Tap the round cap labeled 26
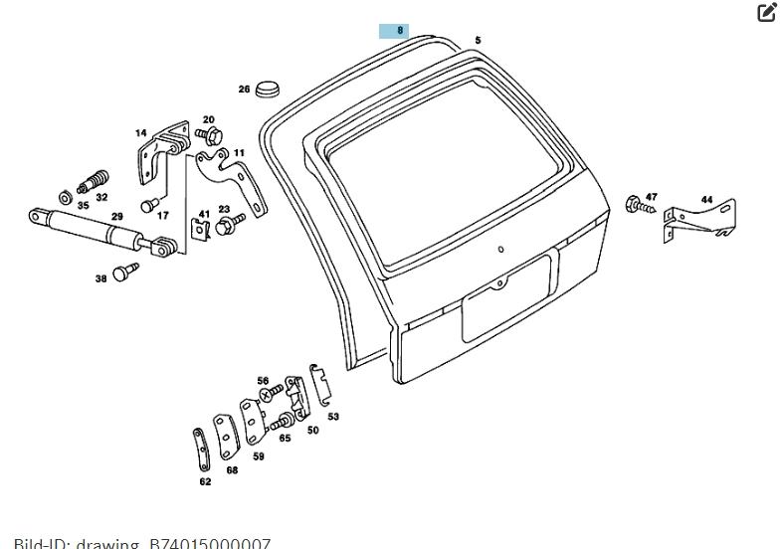(x=268, y=90)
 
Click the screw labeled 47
(x=636, y=206)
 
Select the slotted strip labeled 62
(x=201, y=450)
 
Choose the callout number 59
(x=259, y=457)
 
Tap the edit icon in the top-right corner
(x=766, y=13)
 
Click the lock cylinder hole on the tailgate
(x=501, y=250)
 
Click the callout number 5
(x=478, y=41)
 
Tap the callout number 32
(x=102, y=198)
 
